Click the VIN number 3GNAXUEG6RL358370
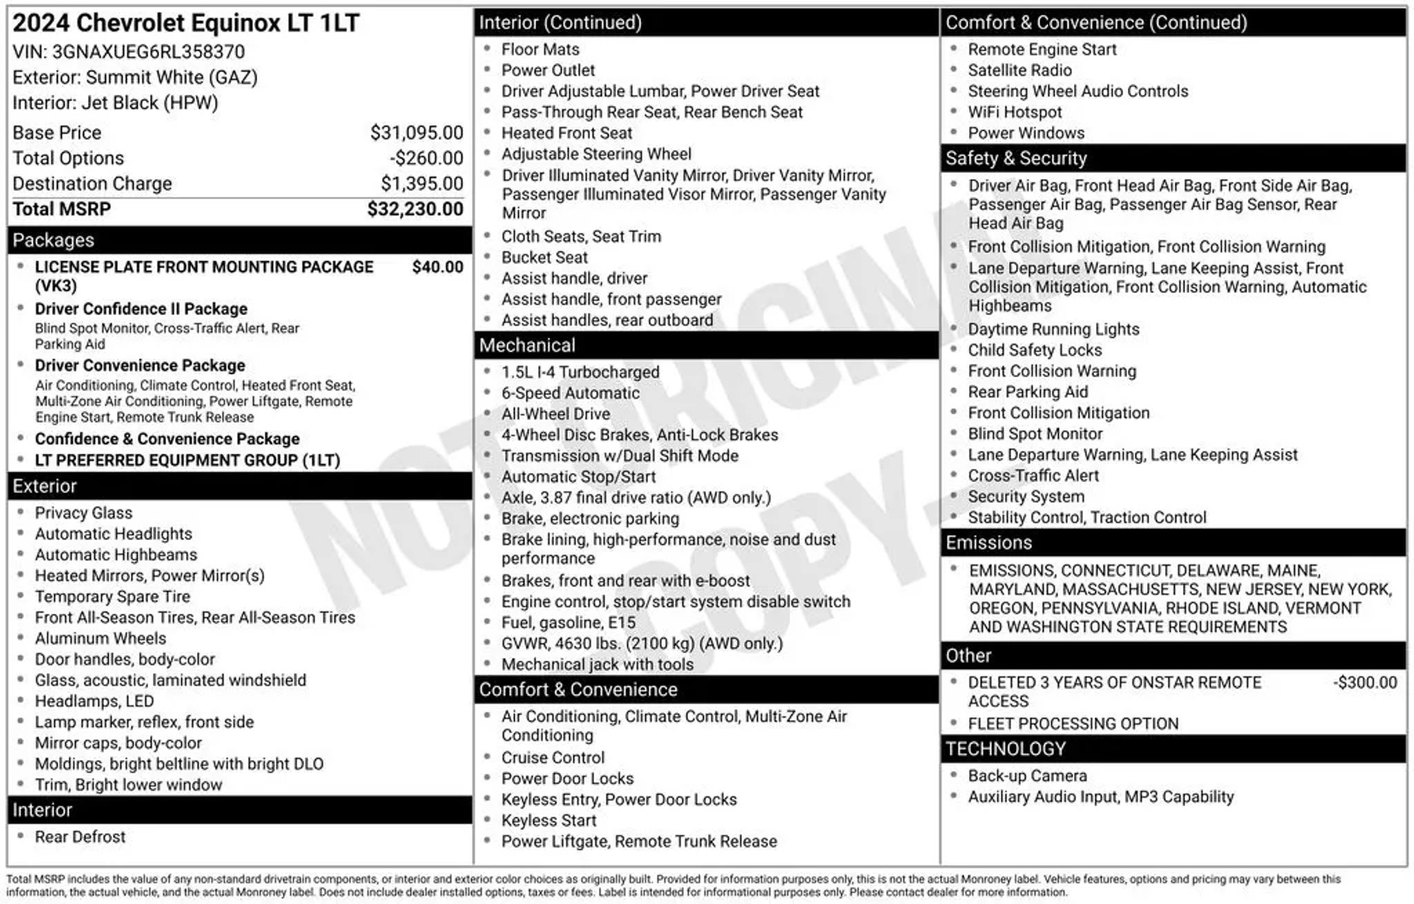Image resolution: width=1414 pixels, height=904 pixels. [x=148, y=52]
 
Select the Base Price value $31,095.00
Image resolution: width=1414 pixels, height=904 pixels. [x=416, y=132]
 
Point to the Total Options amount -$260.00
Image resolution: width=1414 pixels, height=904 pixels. [x=426, y=158]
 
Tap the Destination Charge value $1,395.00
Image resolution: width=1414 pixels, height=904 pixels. [x=422, y=184]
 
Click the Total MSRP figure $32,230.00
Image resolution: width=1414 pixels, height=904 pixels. [x=415, y=209]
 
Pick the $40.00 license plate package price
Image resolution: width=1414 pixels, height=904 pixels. [x=437, y=267]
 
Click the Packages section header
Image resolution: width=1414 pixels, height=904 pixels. [x=53, y=240]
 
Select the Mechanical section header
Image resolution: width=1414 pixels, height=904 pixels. [x=527, y=345]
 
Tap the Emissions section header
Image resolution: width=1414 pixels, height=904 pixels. [x=989, y=542]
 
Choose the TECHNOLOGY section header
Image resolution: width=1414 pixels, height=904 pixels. [x=1005, y=749]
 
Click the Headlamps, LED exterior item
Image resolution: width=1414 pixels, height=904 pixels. [x=95, y=701]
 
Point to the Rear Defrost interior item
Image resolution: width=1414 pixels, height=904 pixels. [x=80, y=837]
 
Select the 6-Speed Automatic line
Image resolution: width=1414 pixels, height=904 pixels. [x=570, y=393]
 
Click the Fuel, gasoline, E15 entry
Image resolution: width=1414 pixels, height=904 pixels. [x=568, y=622]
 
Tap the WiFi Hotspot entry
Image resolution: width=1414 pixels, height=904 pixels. [x=1014, y=112]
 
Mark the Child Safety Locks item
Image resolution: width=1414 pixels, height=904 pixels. [x=1034, y=350]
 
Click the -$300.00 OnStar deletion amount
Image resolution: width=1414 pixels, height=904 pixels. [x=1365, y=682]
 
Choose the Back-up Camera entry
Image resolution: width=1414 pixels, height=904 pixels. [x=1027, y=776]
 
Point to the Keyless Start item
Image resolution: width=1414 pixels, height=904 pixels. [x=548, y=821]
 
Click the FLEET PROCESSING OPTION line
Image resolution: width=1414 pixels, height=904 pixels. [x=1073, y=724]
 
